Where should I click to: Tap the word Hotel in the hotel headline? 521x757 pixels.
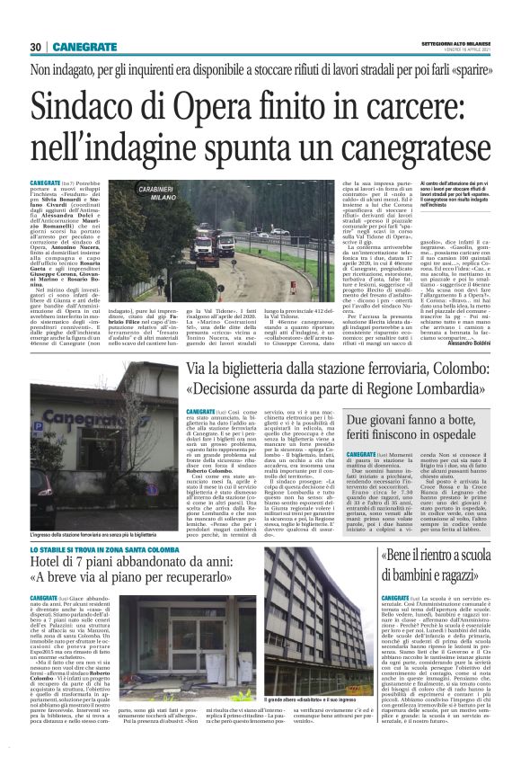pyautogui.click(x=47, y=539)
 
